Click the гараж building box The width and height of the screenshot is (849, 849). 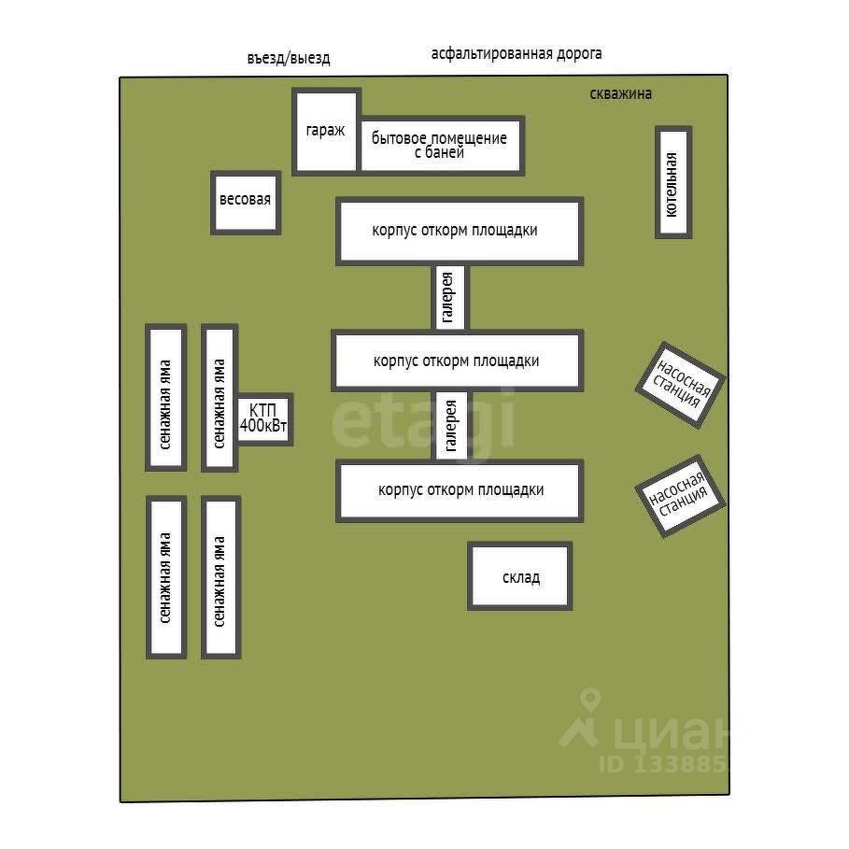[327, 132]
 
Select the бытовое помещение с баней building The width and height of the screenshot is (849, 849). [440, 145]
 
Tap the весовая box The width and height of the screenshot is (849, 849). [246, 203]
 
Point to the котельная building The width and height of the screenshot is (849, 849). [673, 182]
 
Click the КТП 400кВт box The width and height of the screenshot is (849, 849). [263, 419]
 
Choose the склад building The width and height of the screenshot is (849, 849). [520, 576]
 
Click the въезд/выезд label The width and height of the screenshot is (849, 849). [289, 58]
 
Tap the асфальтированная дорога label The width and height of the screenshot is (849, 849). [516, 54]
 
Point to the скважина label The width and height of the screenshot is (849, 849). [620, 94]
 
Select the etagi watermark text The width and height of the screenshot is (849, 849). [423, 420]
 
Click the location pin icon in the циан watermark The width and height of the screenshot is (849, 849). [590, 699]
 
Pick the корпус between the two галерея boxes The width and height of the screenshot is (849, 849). [458, 361]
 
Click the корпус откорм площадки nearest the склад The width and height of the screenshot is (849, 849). [460, 490]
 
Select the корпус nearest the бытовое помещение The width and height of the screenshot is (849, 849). [460, 232]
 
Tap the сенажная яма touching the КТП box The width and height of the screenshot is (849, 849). [219, 398]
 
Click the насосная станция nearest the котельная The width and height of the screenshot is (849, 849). [681, 385]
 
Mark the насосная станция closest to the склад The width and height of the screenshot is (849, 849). [680, 495]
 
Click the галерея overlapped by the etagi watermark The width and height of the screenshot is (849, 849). [451, 426]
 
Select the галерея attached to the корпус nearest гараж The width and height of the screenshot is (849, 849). [449, 297]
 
